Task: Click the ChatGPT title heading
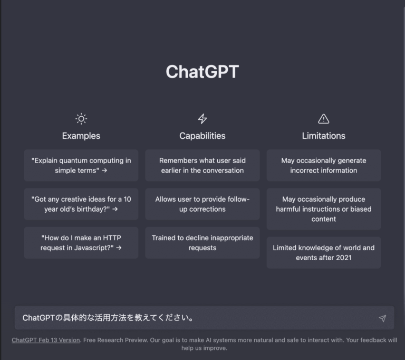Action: coord(202,72)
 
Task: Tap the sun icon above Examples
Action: coord(81,119)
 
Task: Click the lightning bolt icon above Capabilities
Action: coord(202,119)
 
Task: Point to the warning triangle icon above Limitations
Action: coord(324,119)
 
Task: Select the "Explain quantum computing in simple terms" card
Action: coord(81,165)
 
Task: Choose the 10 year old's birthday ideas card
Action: coord(81,204)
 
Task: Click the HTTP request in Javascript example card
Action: coord(81,243)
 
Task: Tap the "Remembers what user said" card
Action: coord(202,165)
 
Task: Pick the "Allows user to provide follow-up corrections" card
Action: coord(202,204)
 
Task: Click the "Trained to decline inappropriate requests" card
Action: coord(202,243)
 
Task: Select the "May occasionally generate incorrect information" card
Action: coord(324,165)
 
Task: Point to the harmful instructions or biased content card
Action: coord(324,209)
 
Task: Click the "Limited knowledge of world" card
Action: coord(324,253)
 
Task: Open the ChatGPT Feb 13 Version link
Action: coord(46,340)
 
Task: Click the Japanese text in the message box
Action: coord(108,318)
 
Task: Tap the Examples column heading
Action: coord(81,136)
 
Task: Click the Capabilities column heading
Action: coord(202,136)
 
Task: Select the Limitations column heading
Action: coord(324,136)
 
